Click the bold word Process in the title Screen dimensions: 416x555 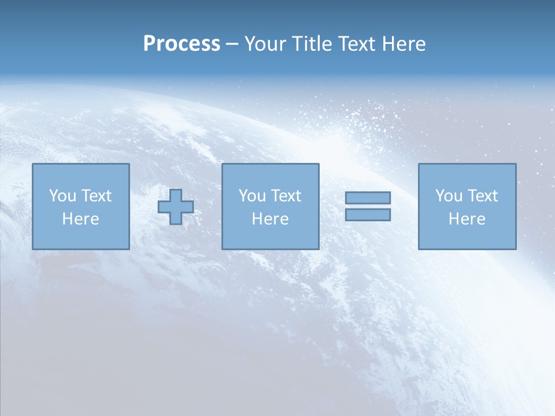(182, 44)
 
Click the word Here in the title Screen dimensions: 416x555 (404, 44)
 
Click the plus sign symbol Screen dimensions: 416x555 (176, 207)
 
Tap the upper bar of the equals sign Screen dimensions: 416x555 (368, 198)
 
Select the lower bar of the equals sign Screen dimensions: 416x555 (368, 215)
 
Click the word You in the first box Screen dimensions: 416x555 (62, 196)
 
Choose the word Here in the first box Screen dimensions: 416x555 (80, 219)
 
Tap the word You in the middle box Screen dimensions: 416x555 (252, 196)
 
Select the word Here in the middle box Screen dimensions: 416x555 (270, 219)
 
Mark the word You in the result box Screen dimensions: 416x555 (449, 196)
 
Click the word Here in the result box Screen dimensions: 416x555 (467, 219)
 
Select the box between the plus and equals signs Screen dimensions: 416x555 (270, 237)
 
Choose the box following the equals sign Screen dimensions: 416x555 (467, 237)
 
